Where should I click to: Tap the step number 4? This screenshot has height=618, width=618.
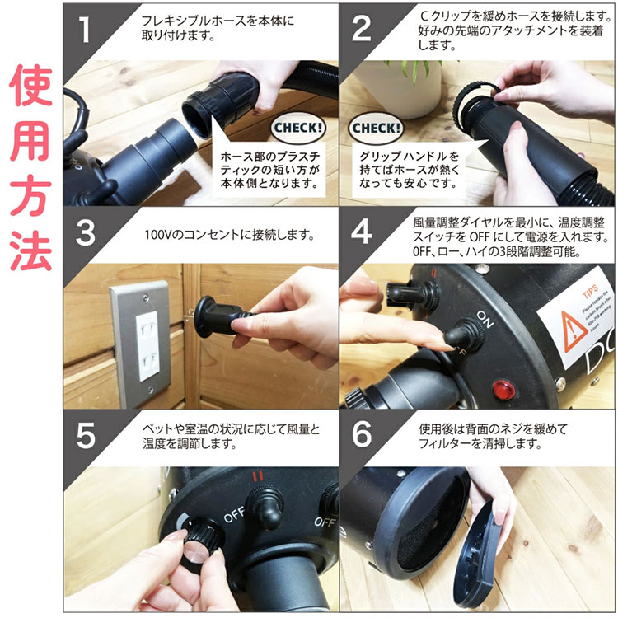pos(362,232)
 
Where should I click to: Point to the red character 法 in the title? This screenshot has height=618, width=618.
pos(31,253)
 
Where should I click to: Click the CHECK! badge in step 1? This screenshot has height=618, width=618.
pos(297,129)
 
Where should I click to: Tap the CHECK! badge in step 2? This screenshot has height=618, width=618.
pos(376,129)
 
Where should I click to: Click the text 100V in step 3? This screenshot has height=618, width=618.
pos(157,233)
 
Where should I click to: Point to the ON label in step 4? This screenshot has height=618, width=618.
pos(485,320)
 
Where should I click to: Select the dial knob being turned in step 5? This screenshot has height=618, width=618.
pos(201,546)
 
